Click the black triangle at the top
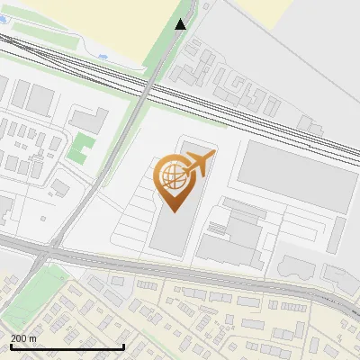(181, 24)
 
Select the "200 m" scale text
(23, 338)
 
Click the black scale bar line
(67, 346)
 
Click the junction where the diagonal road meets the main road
(49, 251)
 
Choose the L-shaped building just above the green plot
(88, 119)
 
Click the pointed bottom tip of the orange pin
(174, 211)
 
